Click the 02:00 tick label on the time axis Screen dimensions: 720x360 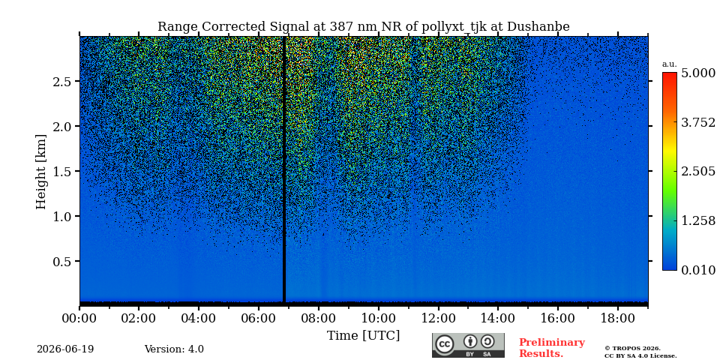coord(139,318)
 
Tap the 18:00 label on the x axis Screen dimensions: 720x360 coord(617,318)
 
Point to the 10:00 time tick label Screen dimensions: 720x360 coord(378,318)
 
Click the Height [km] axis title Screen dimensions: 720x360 coord(41,172)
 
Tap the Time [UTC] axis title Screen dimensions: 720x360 coord(363,336)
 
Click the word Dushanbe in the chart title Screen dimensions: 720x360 coord(538,27)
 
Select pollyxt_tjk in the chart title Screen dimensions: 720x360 coord(448,27)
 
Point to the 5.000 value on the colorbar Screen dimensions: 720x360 coord(698,73)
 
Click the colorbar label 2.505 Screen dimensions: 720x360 coord(698,171)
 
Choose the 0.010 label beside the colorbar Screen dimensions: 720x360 coord(698,270)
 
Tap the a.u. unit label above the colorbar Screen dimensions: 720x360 coord(670,64)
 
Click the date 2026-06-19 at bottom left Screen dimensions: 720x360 coord(65,349)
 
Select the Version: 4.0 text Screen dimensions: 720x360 coord(174,349)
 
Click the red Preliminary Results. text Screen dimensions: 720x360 coord(552,348)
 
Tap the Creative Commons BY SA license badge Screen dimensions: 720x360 coord(468,345)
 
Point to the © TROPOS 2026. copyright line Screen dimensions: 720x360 coord(633,349)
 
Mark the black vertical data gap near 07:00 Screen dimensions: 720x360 coord(284,169)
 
